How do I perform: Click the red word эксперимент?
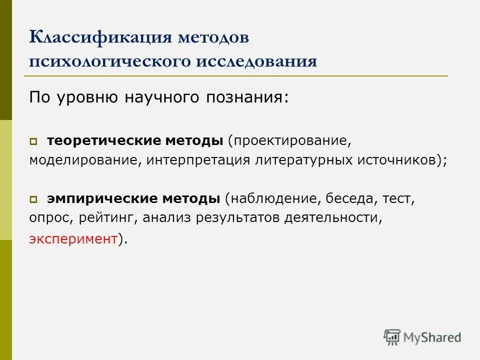[x=72, y=238]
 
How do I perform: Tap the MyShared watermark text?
[x=432, y=337]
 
